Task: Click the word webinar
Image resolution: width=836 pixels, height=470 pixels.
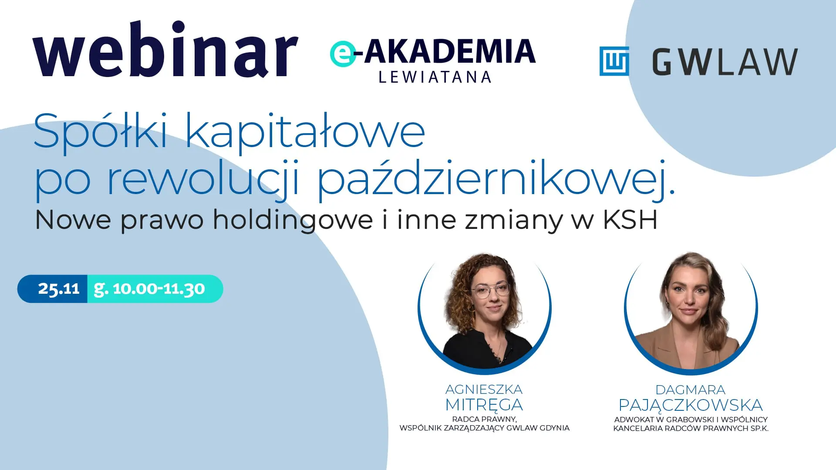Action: (x=165, y=49)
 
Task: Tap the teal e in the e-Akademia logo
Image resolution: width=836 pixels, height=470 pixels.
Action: (x=343, y=54)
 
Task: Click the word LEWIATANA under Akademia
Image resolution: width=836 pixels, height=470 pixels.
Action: (x=435, y=77)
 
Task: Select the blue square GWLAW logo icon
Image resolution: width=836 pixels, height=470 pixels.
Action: (x=614, y=61)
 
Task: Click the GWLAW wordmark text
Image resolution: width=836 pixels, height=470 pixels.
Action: (x=725, y=62)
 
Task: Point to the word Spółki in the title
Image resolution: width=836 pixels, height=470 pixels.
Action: (x=101, y=131)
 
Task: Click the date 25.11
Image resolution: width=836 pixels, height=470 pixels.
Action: (x=59, y=289)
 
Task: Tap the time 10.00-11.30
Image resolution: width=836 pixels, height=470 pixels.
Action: (x=159, y=289)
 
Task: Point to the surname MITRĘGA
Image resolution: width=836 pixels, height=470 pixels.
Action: (x=484, y=405)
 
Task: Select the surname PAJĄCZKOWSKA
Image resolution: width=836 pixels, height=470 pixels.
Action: (x=691, y=405)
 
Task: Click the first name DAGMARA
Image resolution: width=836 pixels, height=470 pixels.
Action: (x=691, y=389)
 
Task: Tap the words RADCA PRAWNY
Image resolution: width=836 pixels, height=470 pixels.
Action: (x=484, y=419)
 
